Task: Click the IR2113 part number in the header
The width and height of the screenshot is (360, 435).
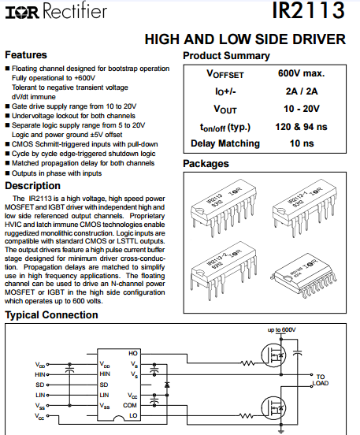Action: [x=308, y=10]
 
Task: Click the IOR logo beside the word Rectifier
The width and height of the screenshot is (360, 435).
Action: [x=22, y=13]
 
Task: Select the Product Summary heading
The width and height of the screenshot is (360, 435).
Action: [x=226, y=56]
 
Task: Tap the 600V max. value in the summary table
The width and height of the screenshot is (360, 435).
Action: [x=301, y=73]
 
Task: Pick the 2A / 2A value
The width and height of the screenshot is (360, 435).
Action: [x=302, y=91]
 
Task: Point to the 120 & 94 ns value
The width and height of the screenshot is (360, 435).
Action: [x=301, y=127]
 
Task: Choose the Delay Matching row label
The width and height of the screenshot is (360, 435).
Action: [x=225, y=143]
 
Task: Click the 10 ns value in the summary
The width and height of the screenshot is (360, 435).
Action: [x=302, y=143]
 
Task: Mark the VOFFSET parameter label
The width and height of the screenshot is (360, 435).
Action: [x=225, y=74]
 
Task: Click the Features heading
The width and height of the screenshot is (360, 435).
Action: [x=26, y=54]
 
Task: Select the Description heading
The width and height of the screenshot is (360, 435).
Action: [x=33, y=186]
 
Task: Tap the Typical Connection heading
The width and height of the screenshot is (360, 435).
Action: [x=51, y=315]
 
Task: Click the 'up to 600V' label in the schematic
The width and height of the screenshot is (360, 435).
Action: [x=281, y=330]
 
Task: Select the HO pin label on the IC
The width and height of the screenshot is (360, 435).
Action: [x=133, y=353]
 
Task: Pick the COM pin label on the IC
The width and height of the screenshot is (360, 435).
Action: [x=130, y=405]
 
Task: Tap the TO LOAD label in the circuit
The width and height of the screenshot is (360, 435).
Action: [x=321, y=380]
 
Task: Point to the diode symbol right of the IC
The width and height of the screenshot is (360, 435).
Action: [x=167, y=385]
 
